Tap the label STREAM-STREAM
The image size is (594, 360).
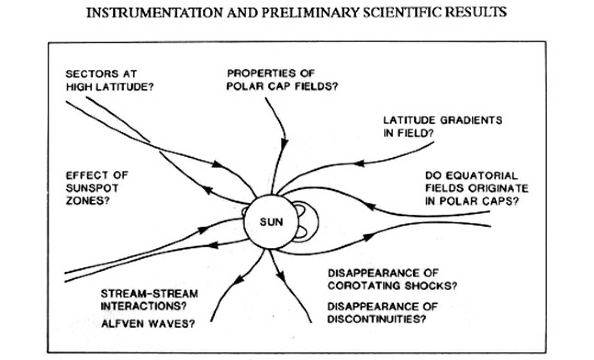pos(149,294)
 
